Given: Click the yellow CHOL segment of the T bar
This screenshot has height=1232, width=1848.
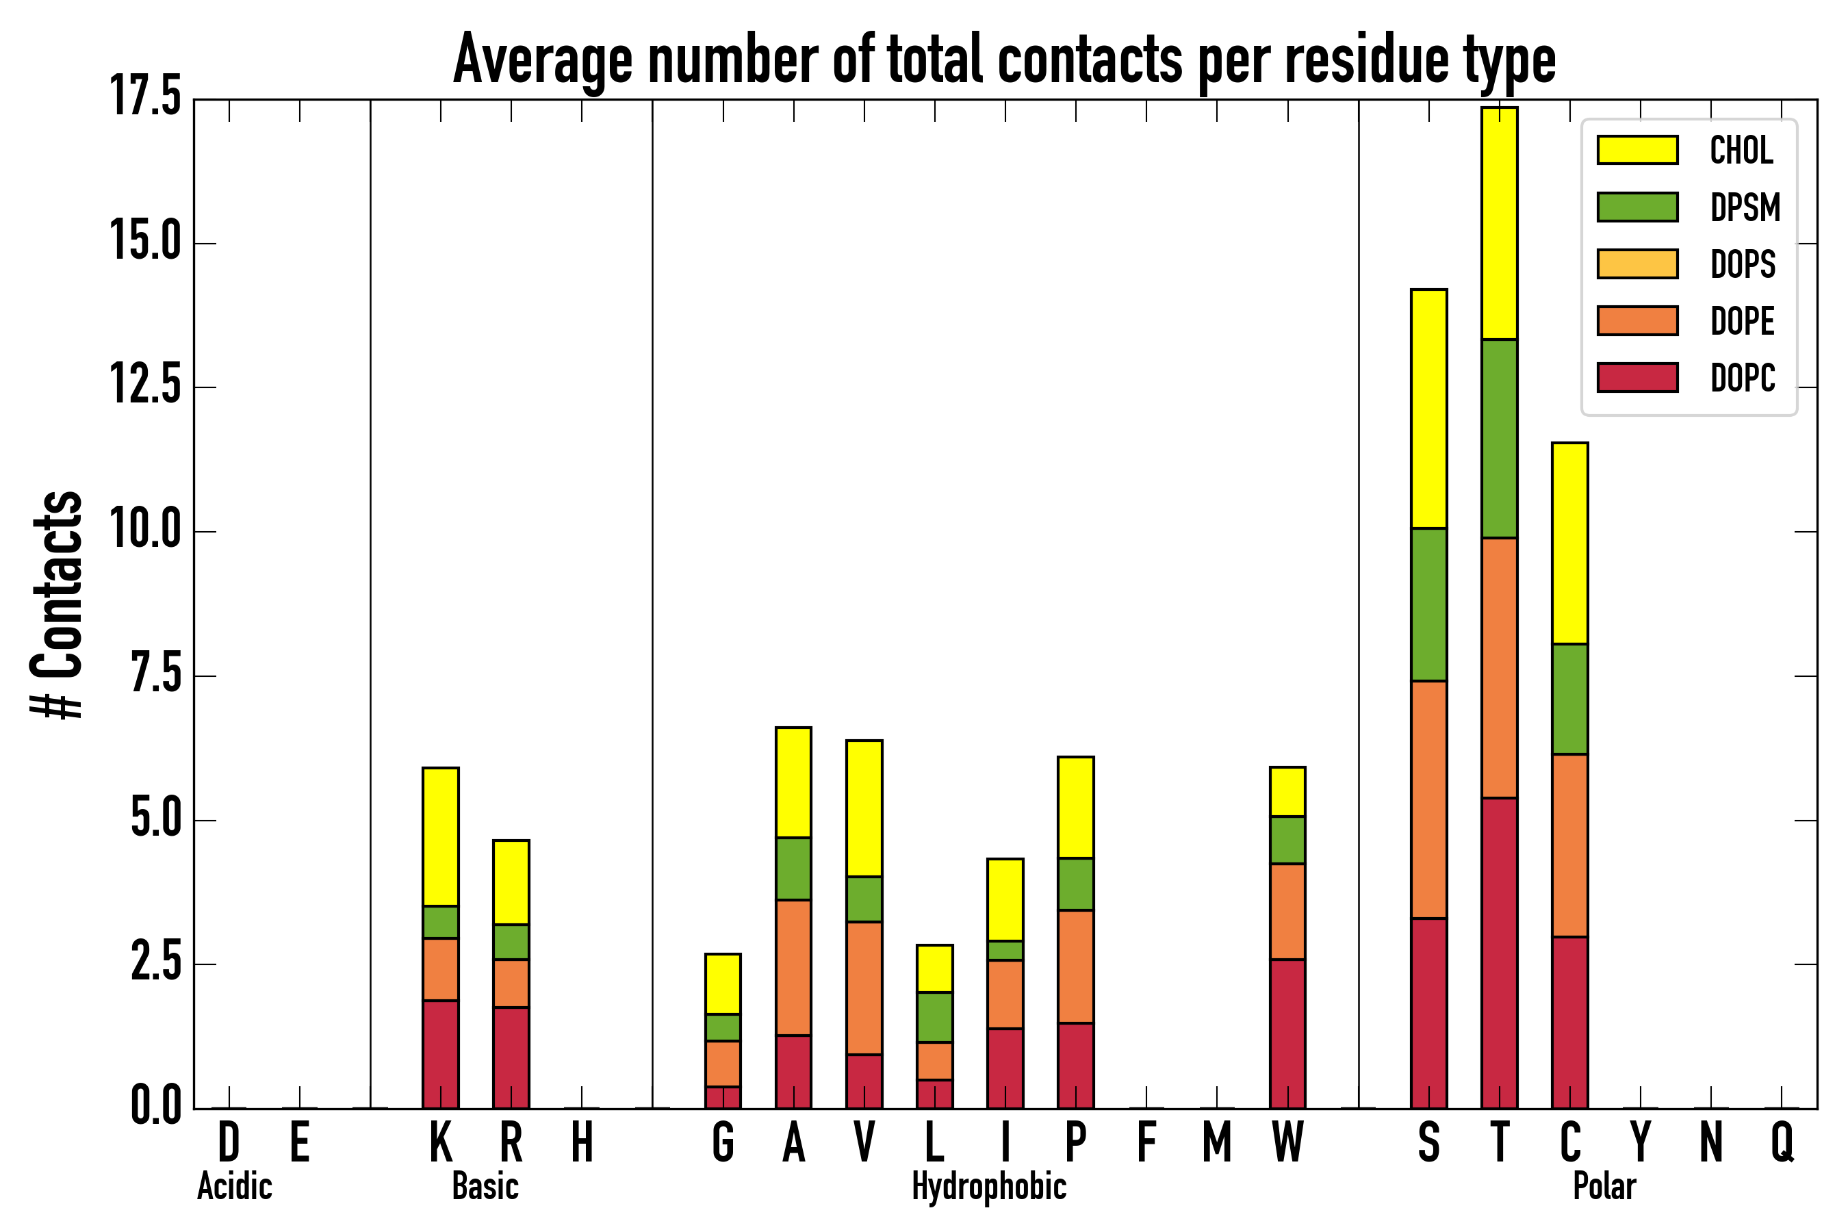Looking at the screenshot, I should click(1499, 223).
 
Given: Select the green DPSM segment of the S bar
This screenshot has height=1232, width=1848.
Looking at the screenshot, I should click(1428, 604).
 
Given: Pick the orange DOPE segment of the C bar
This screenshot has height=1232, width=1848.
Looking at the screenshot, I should click(1570, 845).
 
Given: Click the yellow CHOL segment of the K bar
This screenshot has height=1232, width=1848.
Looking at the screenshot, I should click(441, 837).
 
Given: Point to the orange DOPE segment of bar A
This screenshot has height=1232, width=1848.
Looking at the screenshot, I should click(793, 967).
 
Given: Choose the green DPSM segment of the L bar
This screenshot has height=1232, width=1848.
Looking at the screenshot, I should click(934, 1018).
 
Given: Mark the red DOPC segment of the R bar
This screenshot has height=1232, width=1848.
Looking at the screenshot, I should click(511, 1057).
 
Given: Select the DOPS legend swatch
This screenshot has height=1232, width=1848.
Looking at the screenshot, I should click(1637, 264).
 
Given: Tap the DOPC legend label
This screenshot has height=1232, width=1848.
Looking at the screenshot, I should click(1742, 378).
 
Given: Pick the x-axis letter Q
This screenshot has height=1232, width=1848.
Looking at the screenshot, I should click(1782, 1142).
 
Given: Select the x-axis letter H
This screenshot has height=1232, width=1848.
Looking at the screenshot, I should click(581, 1142).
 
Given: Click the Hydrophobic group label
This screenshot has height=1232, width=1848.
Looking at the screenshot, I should click(988, 1186).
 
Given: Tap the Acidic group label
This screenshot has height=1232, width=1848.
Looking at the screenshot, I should click(234, 1186).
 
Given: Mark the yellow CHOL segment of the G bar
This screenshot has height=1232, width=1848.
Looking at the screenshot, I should click(723, 984).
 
